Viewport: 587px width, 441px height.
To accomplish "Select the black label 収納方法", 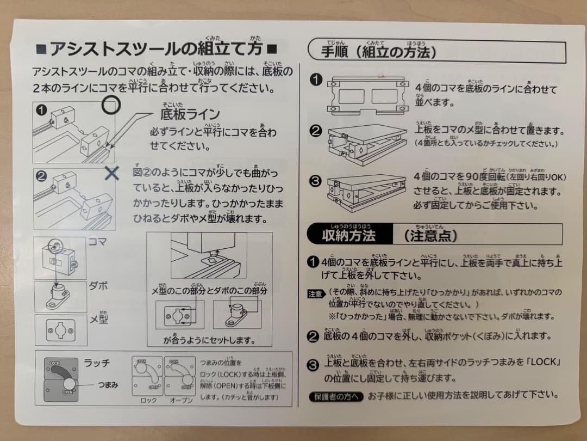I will tap(348, 235).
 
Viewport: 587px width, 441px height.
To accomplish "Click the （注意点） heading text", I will tap(429, 235).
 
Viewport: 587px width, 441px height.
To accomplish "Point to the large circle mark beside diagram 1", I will tap(110, 105).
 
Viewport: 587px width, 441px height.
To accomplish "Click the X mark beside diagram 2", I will tap(111, 173).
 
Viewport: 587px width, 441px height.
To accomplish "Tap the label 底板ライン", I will tap(190, 114).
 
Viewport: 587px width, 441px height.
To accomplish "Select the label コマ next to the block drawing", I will tap(98, 242).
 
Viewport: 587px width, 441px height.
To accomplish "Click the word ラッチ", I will tap(97, 363).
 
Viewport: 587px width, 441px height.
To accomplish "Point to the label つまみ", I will tap(104, 385).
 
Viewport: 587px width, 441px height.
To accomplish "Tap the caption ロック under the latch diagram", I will tap(148, 400).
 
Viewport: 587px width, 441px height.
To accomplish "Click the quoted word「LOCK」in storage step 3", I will tap(543, 362).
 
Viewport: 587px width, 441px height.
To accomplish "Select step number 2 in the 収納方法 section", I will tap(313, 337).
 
